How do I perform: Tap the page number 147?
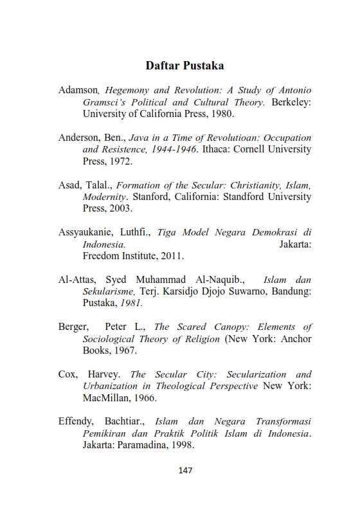pos(185,469)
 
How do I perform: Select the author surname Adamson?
pos(77,90)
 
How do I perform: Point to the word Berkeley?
pos(290,102)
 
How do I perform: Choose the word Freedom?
pos(101,257)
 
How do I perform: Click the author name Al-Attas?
pos(76,280)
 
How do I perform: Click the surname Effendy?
pos(76,422)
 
